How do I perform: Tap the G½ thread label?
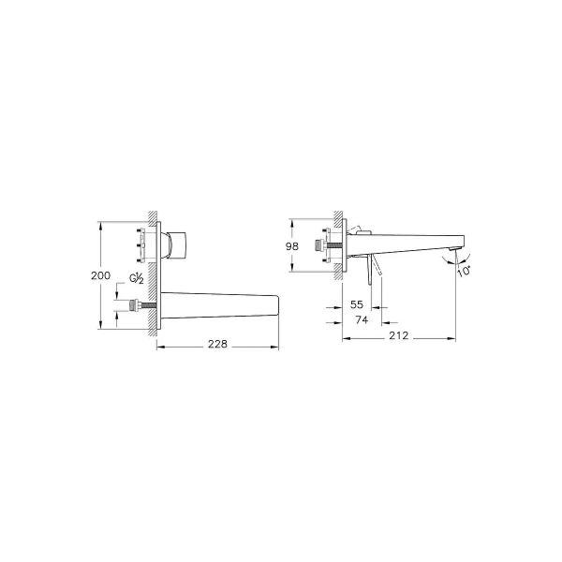(137, 278)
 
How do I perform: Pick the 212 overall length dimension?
(397, 334)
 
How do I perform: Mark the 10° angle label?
(464, 270)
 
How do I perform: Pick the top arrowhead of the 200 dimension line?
(100, 225)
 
